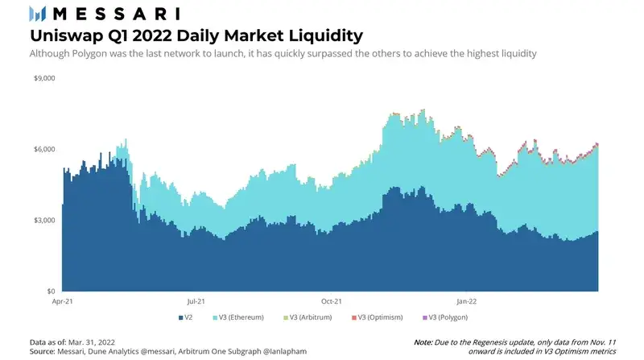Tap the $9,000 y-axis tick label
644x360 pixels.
pyautogui.click(x=43, y=78)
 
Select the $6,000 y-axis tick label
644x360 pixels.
pyautogui.click(x=43, y=149)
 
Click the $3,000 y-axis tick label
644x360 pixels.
pyautogui.click(x=43, y=220)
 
